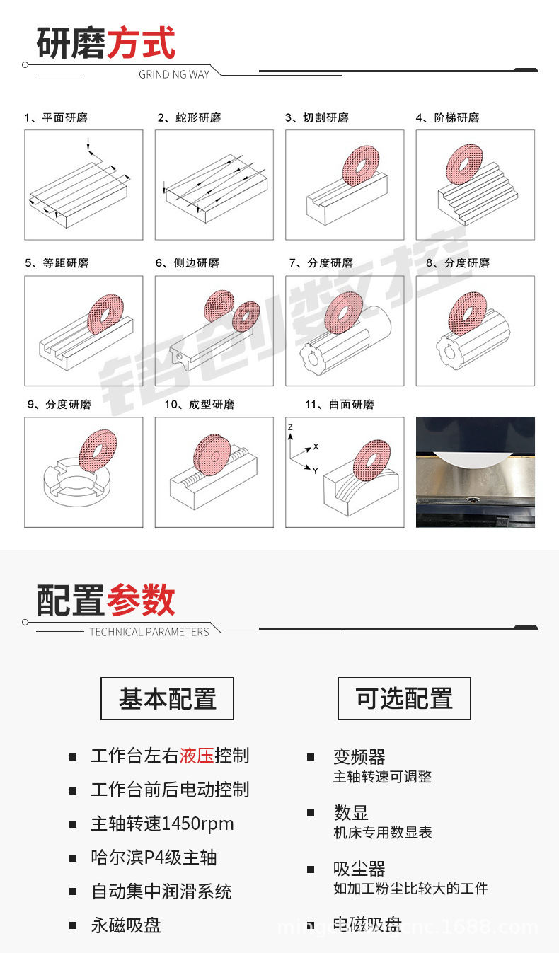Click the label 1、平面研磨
coord(56,118)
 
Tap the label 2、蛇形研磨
coord(189,118)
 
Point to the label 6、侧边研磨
coord(187,263)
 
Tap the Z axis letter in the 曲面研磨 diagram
coord(290,428)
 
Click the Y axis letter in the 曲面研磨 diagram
coord(315,470)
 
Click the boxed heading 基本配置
coord(167,699)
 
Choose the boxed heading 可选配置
coord(404,699)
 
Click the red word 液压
coord(197,756)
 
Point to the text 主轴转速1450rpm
coord(162,824)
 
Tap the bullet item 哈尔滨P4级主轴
coord(154,857)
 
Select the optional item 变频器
coord(359,757)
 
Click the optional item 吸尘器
coord(359,869)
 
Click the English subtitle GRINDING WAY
coord(174,74)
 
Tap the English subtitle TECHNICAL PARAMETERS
coord(149,632)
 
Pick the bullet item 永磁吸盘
coord(126,925)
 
